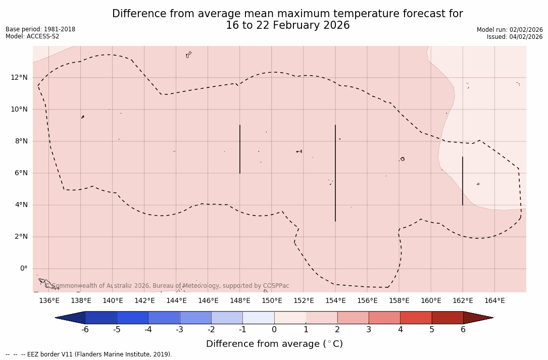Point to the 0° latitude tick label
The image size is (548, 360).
(x=23, y=269)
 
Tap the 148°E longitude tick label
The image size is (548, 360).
(x=240, y=301)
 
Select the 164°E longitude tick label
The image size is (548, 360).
(x=494, y=301)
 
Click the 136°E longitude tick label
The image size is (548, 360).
(x=49, y=301)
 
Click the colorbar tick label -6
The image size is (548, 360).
(x=85, y=330)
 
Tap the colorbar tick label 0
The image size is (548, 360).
(x=274, y=330)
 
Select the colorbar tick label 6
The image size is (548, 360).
(x=463, y=330)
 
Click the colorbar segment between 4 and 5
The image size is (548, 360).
(x=416, y=318)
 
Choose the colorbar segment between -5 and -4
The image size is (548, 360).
(x=132, y=318)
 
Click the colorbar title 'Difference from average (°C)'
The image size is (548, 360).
(x=274, y=344)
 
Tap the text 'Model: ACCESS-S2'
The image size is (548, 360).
(x=32, y=36)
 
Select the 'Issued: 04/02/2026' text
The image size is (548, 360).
(x=515, y=37)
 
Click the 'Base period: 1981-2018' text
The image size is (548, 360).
(x=40, y=29)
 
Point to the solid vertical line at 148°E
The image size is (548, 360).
(x=240, y=149)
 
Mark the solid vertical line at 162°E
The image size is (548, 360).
(x=463, y=181)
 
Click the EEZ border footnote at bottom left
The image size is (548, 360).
(x=89, y=354)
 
